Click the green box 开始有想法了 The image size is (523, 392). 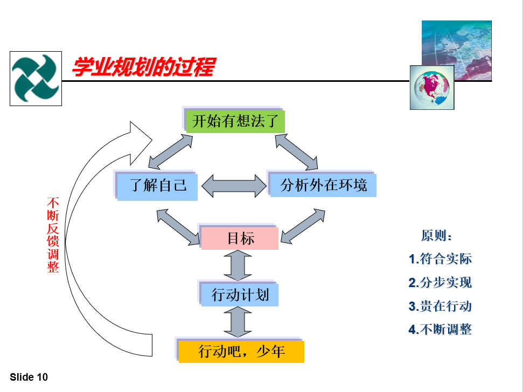(235, 121)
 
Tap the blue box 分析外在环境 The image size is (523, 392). (323, 185)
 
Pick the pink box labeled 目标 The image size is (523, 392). (240, 239)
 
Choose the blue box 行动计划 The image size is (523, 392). (240, 295)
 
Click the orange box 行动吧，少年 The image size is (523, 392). (241, 351)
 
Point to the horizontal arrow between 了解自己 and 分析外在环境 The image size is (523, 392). (234, 186)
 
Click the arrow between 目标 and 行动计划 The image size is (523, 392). (238, 265)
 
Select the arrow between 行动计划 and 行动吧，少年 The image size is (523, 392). (238, 322)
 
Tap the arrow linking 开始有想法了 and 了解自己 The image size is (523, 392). (170, 152)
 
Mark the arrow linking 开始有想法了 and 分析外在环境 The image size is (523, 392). (297, 152)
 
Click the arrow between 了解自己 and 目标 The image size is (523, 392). (178, 227)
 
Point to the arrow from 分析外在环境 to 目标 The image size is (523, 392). (303, 226)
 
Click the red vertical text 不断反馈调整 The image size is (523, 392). (53, 235)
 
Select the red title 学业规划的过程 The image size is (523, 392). (144, 67)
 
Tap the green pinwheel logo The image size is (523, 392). (36, 78)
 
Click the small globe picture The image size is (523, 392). (432, 87)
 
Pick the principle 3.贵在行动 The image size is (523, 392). (440, 306)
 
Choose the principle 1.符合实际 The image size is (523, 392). (440, 258)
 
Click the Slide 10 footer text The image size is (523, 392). (29, 377)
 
